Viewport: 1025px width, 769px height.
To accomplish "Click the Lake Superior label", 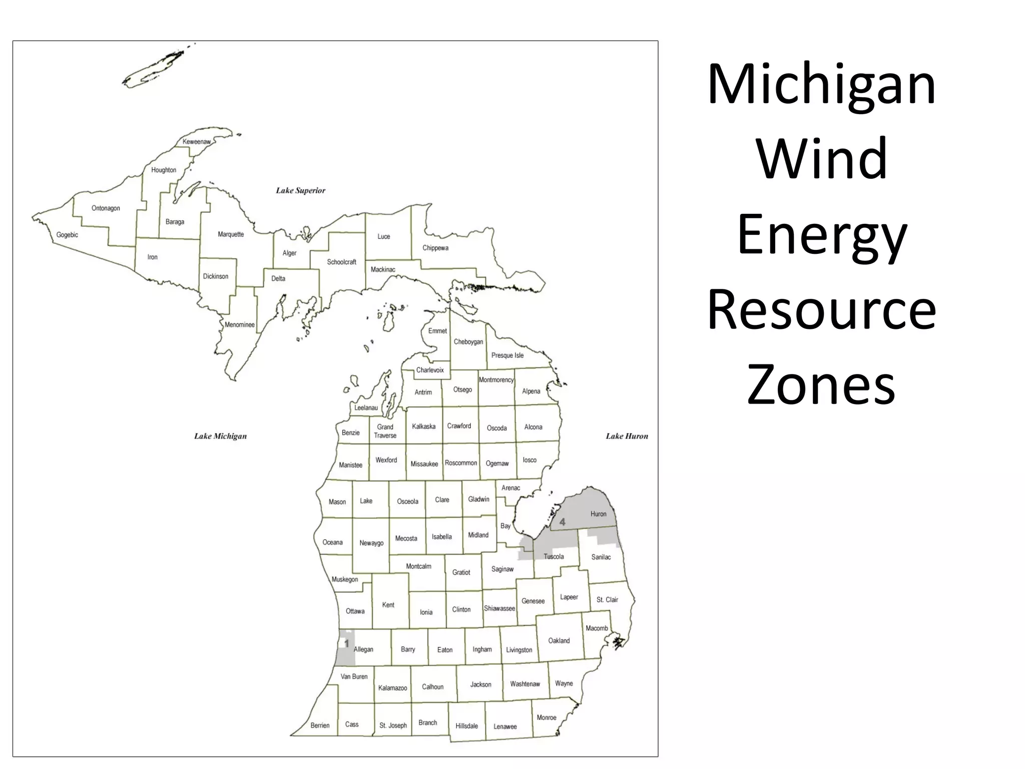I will (x=300, y=190).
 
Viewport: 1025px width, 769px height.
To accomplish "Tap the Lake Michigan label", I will (x=220, y=436).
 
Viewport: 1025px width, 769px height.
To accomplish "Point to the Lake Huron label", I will (x=627, y=436).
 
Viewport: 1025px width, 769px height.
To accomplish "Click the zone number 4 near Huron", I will (x=562, y=522).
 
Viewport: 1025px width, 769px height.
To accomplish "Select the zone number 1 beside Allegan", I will (x=346, y=644).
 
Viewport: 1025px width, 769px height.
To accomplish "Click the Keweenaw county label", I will (x=197, y=142).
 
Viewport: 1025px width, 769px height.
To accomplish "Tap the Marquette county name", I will (x=231, y=234).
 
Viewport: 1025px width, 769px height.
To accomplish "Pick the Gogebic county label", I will (x=67, y=235).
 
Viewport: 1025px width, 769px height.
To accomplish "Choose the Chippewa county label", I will (x=435, y=248).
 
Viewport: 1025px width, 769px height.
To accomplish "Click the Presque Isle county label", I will (x=507, y=355).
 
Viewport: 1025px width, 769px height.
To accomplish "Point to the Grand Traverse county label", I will (x=385, y=431).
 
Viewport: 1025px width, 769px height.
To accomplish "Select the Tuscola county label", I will (x=554, y=557).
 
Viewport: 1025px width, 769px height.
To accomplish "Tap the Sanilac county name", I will (x=601, y=557).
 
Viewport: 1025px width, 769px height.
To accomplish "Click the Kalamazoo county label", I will (x=392, y=688).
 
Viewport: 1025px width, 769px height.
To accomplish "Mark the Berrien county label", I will (x=320, y=725).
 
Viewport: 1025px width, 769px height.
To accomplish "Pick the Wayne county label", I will (x=564, y=683).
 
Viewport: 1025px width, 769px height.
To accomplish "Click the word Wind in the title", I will (x=822, y=159).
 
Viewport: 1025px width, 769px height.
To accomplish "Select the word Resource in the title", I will (x=821, y=310).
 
